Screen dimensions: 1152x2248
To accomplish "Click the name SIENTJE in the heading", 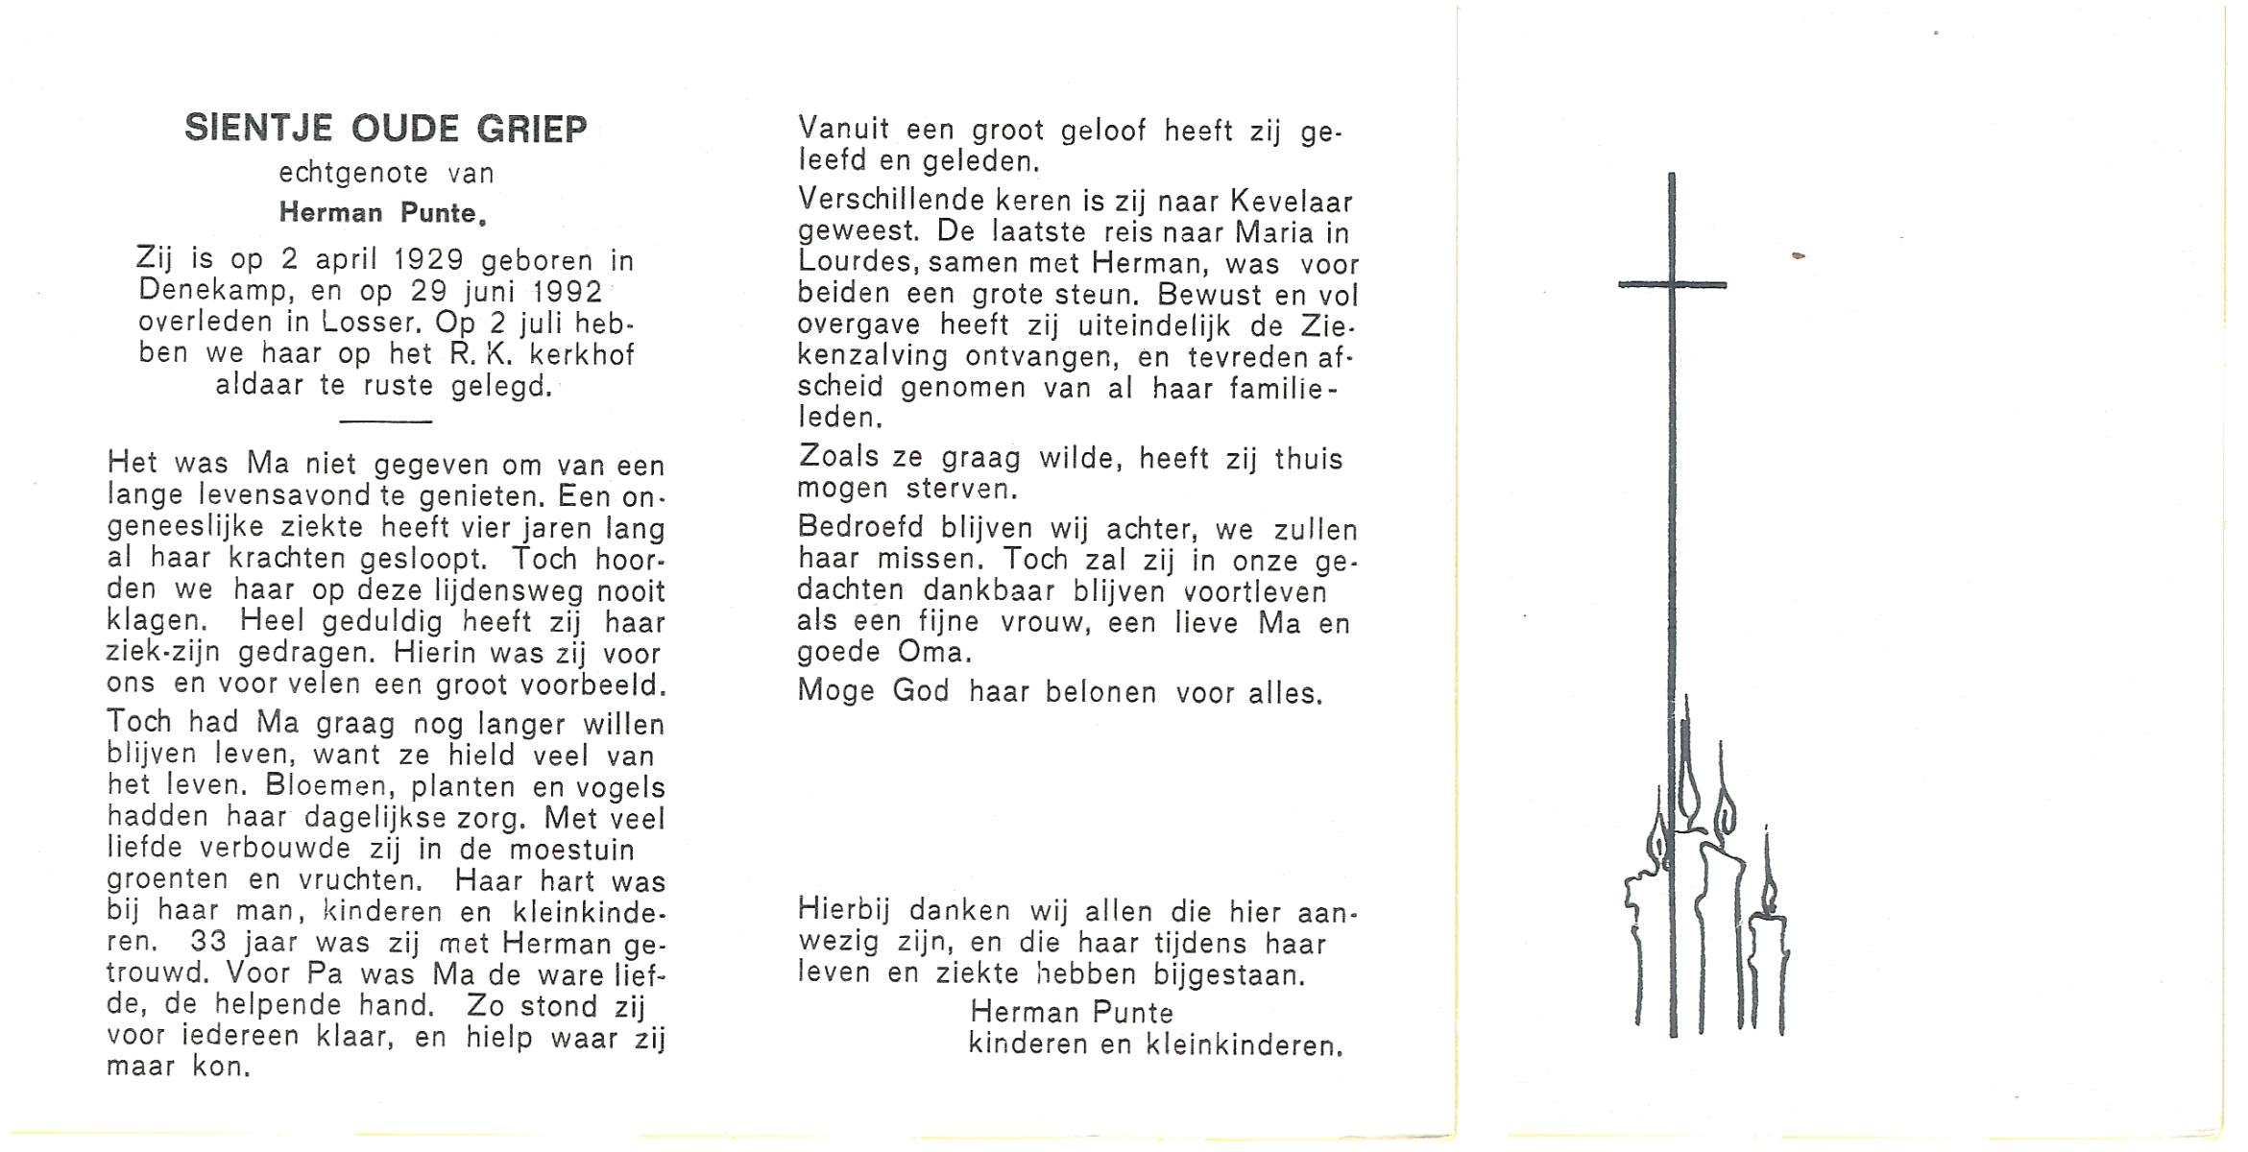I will [258, 129].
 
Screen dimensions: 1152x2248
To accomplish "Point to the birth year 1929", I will [428, 260].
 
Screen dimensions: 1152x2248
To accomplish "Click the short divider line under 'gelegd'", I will [386, 421].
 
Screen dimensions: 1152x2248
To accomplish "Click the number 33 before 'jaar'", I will [208, 942].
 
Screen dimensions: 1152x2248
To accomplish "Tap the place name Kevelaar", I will [1291, 203].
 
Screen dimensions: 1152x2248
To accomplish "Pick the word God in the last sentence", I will [920, 692].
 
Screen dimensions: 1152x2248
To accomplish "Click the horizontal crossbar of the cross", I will [1672, 284].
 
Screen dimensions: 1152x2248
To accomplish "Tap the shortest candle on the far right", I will [1768, 970].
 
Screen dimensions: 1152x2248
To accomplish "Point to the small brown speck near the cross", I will [1798, 255].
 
